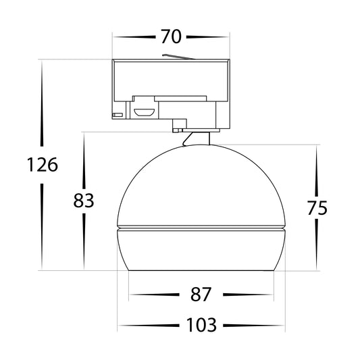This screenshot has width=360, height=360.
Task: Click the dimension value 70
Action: point(171,36)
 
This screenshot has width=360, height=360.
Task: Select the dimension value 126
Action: point(43,165)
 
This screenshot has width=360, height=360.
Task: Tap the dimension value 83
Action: point(84,201)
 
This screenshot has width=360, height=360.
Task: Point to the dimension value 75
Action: point(317,208)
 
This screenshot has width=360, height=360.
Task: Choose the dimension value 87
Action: point(201,294)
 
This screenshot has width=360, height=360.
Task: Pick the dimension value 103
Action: point(201,325)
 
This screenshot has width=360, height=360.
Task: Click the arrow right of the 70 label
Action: point(207,36)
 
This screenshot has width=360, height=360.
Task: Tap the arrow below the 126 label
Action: point(42,226)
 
